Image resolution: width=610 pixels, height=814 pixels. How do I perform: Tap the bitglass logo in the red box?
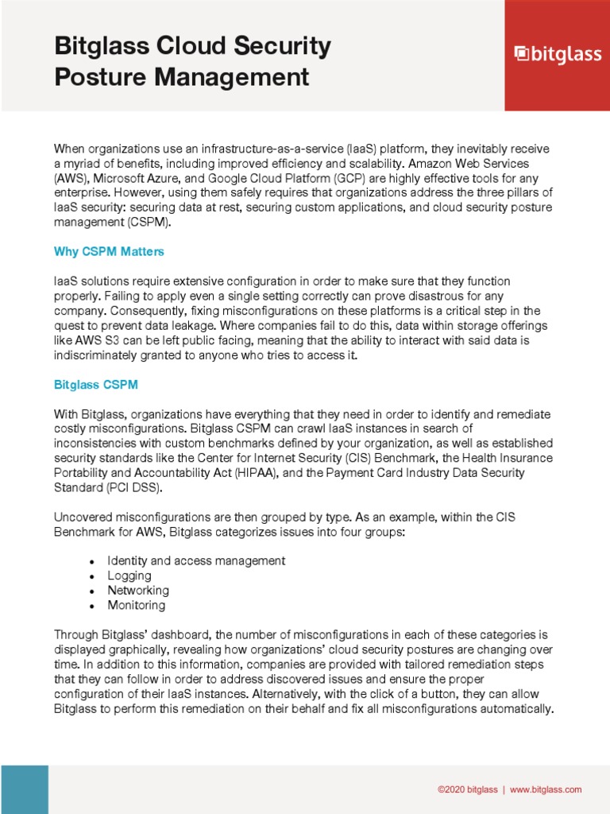click(x=556, y=54)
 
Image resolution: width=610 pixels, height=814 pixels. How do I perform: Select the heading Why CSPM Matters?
click(x=109, y=252)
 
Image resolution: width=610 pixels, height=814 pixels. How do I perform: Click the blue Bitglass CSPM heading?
click(x=95, y=385)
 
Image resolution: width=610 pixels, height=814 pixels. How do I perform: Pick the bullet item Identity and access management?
click(x=196, y=561)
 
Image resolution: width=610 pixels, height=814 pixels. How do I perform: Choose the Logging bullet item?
click(x=129, y=576)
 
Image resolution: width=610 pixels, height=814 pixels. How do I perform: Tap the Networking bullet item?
click(x=138, y=591)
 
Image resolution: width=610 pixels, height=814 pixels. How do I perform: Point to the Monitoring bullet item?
click(x=137, y=606)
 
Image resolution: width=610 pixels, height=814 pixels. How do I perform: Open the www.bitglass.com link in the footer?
click(x=546, y=789)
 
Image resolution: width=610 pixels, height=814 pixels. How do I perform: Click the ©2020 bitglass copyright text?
click(x=468, y=789)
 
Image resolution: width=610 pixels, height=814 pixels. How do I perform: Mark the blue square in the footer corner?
click(x=24, y=789)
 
